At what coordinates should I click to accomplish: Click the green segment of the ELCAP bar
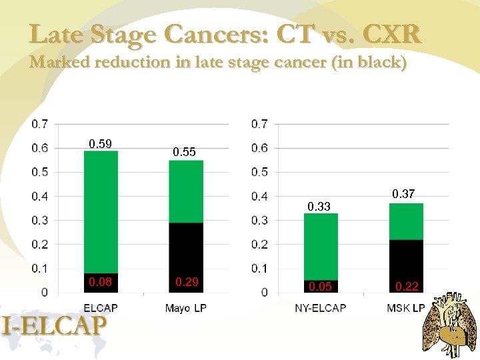(x=101, y=212)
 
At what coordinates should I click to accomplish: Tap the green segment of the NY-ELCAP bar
(x=321, y=247)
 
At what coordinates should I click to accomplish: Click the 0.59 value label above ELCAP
(x=101, y=143)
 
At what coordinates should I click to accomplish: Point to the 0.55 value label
(x=185, y=152)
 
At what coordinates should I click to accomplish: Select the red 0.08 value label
(x=101, y=282)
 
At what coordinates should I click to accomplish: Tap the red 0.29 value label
(x=186, y=282)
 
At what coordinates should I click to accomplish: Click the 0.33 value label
(x=319, y=207)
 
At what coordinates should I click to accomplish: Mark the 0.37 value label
(x=403, y=194)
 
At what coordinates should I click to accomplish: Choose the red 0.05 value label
(x=321, y=287)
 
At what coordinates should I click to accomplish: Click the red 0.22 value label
(x=407, y=287)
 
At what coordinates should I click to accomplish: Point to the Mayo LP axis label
(x=185, y=307)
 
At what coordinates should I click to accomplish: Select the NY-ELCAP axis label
(x=321, y=307)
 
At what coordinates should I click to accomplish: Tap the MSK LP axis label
(x=407, y=307)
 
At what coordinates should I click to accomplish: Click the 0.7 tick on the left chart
(x=40, y=124)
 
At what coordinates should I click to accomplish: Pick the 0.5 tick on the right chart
(x=259, y=172)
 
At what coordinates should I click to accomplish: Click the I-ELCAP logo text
(x=54, y=326)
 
